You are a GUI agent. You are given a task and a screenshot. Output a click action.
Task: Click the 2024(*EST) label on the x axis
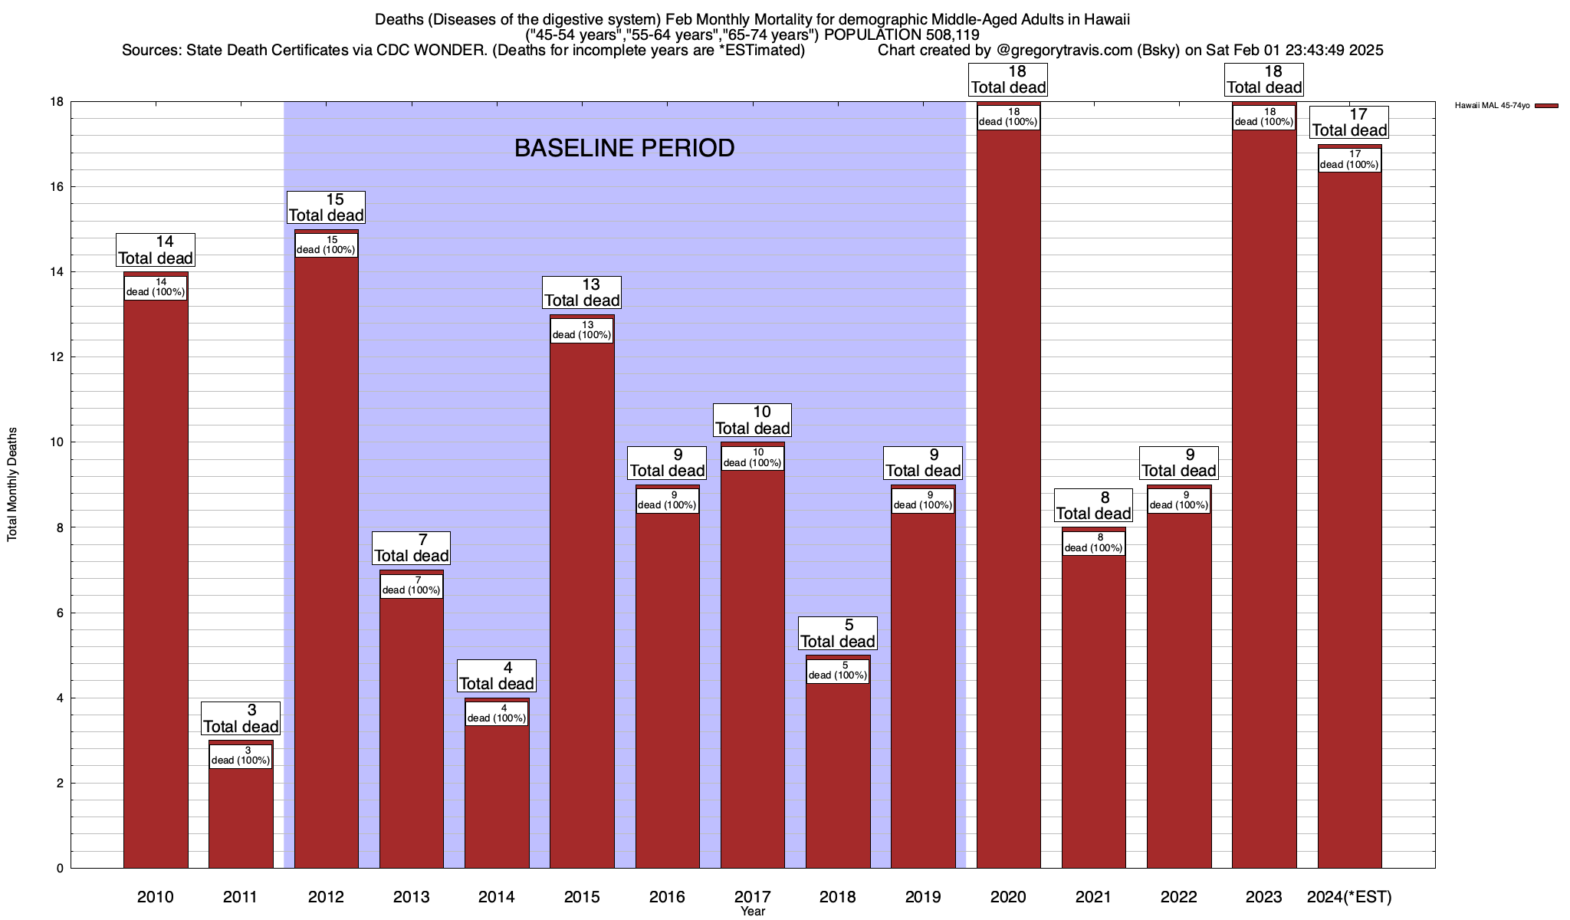1349,896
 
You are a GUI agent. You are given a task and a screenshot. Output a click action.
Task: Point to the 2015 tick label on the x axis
582,896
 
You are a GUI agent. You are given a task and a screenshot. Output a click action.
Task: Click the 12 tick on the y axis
57,357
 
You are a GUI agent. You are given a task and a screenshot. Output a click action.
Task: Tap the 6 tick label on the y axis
59,613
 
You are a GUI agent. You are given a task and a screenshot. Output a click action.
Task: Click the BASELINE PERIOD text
624,148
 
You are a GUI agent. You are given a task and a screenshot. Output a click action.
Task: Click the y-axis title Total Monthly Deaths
12,485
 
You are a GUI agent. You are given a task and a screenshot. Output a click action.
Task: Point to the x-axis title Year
753,911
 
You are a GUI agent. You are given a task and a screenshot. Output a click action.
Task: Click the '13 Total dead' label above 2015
582,292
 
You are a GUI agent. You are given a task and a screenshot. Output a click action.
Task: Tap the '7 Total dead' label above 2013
412,547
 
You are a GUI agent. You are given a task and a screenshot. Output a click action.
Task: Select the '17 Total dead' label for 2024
1349,122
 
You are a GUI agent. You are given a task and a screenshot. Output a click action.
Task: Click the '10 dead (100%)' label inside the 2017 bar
753,458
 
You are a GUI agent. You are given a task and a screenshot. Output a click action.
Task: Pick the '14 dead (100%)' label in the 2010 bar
156,287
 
